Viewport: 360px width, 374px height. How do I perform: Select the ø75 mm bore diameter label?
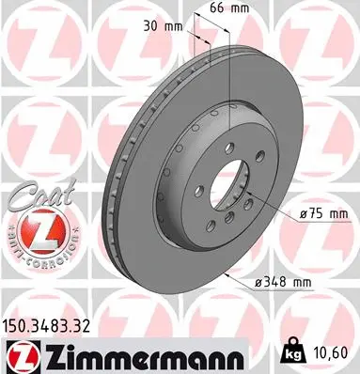coord(321,215)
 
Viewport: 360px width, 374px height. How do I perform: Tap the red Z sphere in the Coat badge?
coord(31,229)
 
